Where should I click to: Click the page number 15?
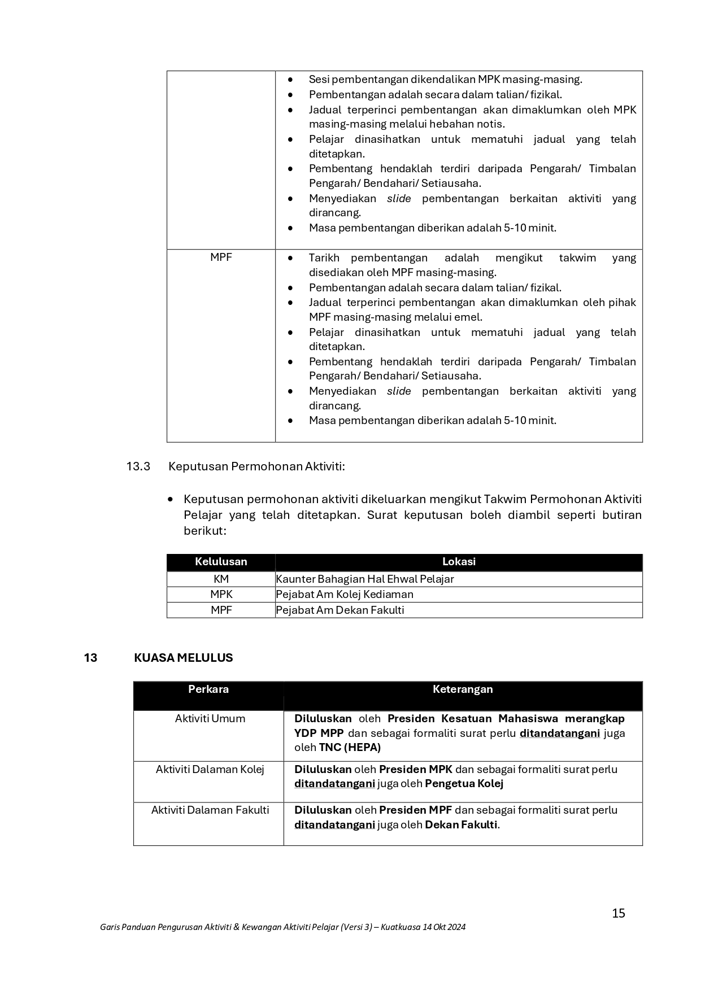[x=619, y=913]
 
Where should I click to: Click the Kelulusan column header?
[x=221, y=562]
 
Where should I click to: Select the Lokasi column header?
[x=459, y=562]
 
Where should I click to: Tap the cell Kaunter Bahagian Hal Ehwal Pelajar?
[x=365, y=579]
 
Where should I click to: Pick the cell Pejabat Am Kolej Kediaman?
[x=345, y=594]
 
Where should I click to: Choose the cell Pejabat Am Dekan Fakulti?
[x=340, y=610]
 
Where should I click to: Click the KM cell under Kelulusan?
[x=221, y=579]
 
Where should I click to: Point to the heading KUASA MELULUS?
[x=183, y=658]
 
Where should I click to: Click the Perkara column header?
[x=208, y=689]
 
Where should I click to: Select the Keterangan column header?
[x=463, y=689]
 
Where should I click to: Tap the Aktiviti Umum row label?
[x=210, y=718]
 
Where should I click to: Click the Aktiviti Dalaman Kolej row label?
[x=210, y=769]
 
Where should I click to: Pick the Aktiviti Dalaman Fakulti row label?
[x=210, y=810]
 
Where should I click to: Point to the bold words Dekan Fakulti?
[x=461, y=824]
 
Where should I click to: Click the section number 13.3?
[x=138, y=466]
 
